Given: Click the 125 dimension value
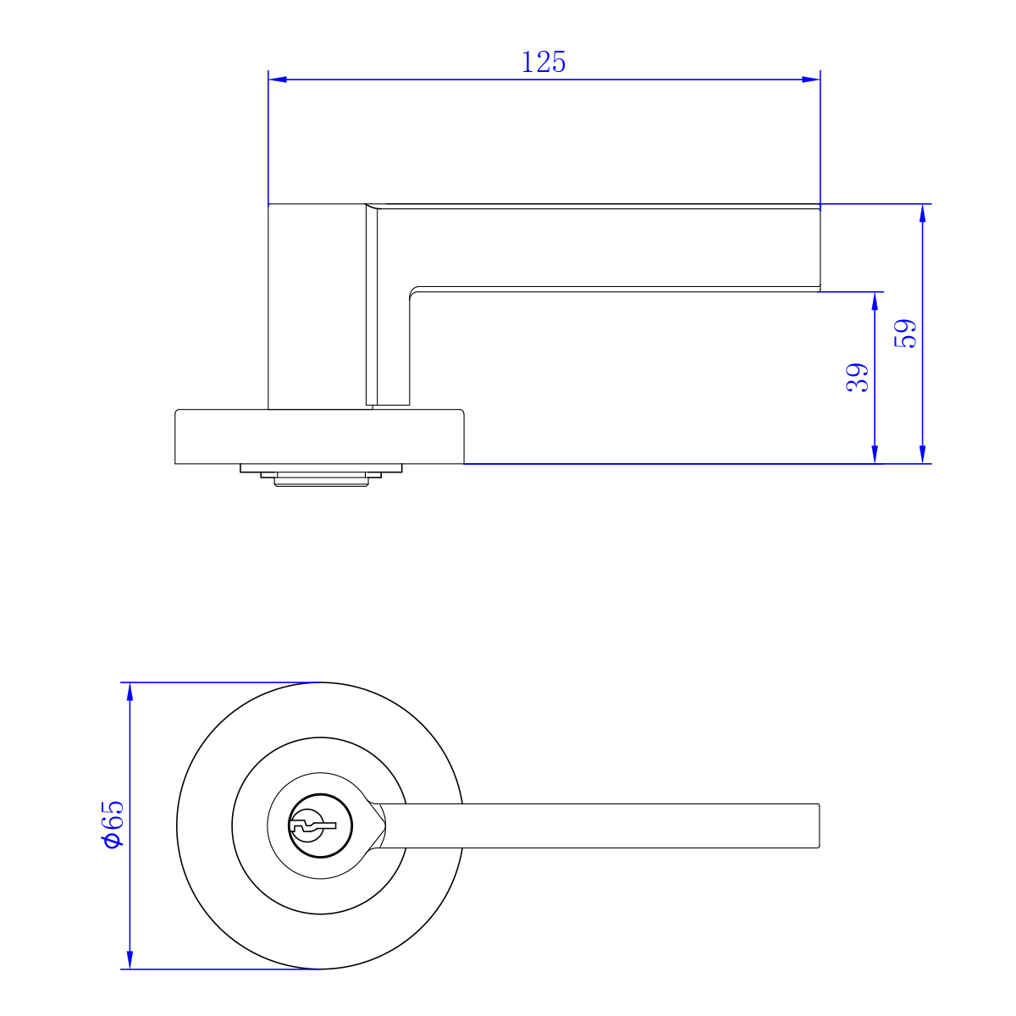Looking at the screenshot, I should pos(544,62).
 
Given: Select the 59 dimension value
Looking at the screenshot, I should pos(905,334).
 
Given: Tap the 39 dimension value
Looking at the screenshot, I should pos(858,377).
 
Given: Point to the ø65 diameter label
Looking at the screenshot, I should pos(112,824).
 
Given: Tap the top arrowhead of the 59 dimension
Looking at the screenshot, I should pos(923,213).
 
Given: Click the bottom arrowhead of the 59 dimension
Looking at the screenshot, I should pos(923,455).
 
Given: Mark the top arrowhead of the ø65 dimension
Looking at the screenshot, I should pos(130,692).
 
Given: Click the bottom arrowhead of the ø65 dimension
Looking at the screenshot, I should pos(130,959).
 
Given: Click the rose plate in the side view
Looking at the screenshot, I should pos(319,437).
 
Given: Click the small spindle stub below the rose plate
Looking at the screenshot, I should pos(319,478).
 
